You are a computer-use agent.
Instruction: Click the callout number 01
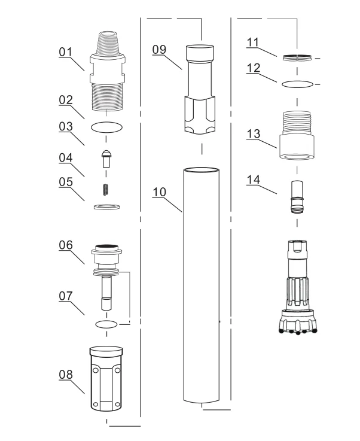tap(65, 52)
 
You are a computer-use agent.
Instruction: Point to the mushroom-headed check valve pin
tap(106, 159)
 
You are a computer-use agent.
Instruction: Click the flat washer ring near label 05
tap(107, 206)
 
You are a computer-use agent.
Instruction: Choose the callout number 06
tap(65, 245)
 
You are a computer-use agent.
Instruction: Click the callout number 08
tap(65, 375)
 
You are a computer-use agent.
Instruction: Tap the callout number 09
tap(159, 50)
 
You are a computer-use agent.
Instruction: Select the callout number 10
tap(159, 192)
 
